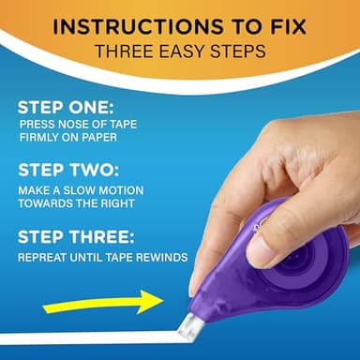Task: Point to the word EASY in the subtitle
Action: click(x=181, y=51)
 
